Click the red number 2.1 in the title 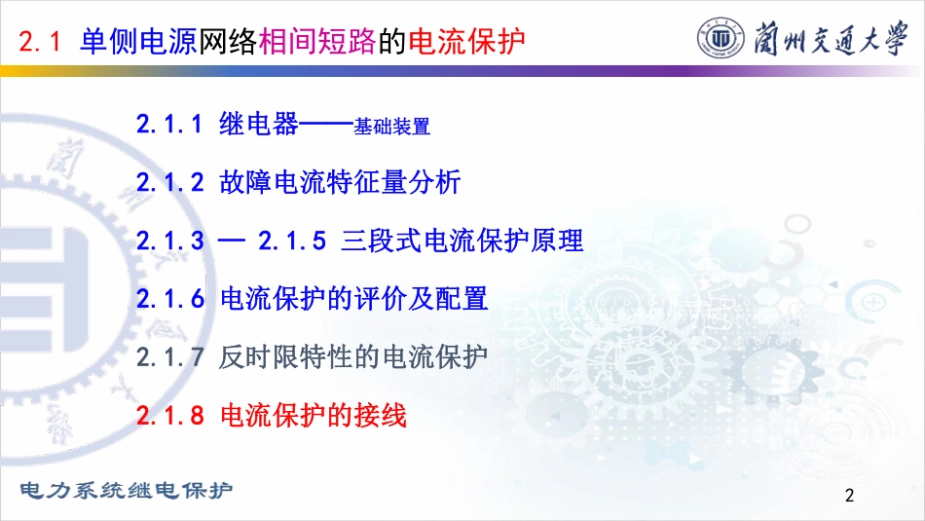click(40, 41)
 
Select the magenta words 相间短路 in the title click(317, 41)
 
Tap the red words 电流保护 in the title click(466, 41)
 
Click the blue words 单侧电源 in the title click(138, 41)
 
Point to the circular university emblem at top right click(721, 38)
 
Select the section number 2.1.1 click(169, 125)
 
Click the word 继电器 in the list click(259, 124)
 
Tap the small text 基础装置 click(391, 127)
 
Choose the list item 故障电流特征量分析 click(340, 182)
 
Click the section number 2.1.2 click(169, 182)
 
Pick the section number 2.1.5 click(292, 241)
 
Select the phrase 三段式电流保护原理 click(462, 241)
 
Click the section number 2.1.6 click(169, 299)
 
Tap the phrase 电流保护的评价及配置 click(354, 299)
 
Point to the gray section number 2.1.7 click(169, 357)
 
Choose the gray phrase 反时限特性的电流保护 click(352, 357)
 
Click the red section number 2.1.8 click(169, 416)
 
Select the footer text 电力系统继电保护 click(127, 490)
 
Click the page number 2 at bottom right click(849, 495)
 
